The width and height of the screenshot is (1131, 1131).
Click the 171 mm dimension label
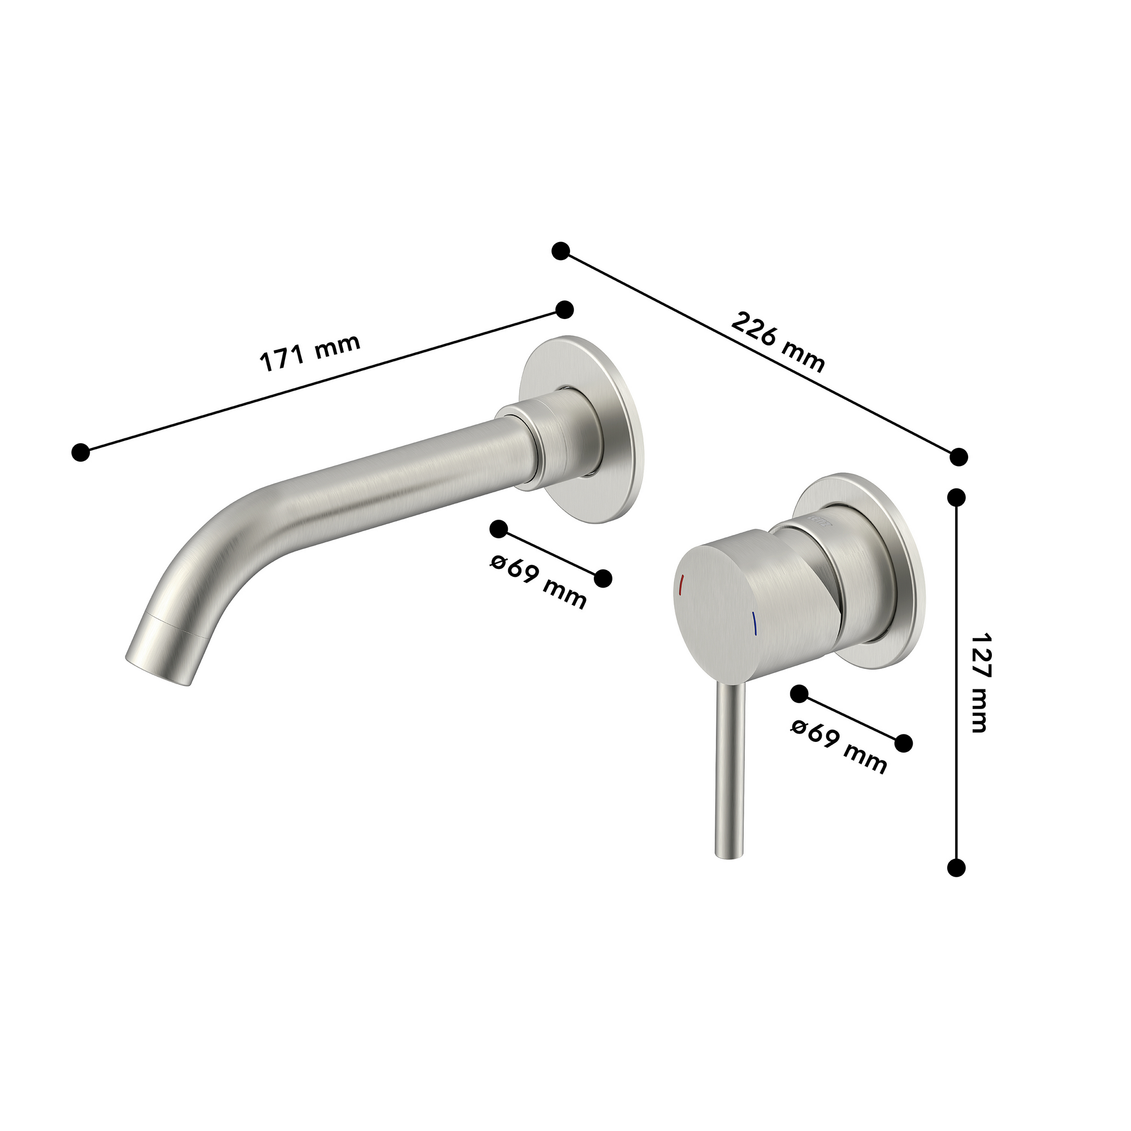(x=310, y=353)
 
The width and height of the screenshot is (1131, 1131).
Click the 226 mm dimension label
(x=778, y=343)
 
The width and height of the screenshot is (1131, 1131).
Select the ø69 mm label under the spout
(x=538, y=581)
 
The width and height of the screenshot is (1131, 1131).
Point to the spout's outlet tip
(x=158, y=672)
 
